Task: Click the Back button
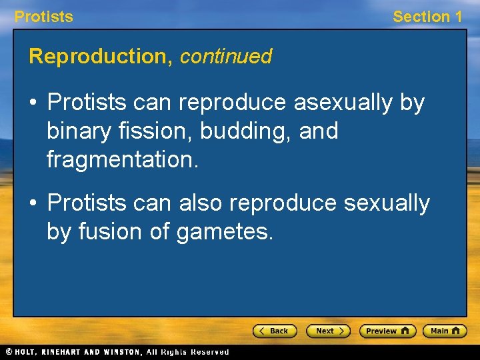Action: tap(275, 331)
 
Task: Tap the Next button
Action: tap(328, 331)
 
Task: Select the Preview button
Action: tap(387, 331)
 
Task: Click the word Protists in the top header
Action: tap(44, 17)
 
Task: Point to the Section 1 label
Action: tap(427, 17)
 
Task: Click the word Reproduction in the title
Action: tap(101, 57)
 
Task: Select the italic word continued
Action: tap(226, 57)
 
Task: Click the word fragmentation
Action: tap(123, 159)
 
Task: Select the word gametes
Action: tap(225, 232)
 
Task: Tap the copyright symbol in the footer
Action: tap(9, 352)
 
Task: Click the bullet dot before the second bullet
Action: tap(35, 203)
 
